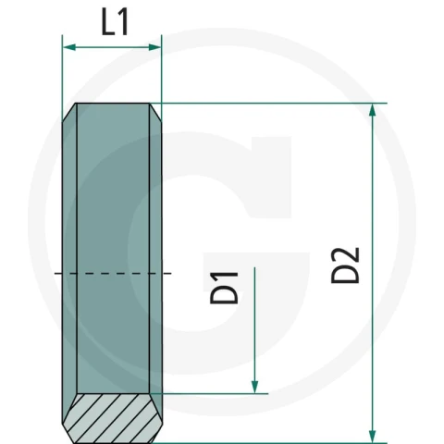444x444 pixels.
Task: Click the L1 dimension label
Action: (115, 22)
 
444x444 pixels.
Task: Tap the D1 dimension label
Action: (224, 288)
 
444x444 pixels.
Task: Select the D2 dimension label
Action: (345, 265)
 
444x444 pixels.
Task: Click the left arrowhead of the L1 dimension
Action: (69, 47)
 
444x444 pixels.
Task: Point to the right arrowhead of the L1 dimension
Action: (154, 47)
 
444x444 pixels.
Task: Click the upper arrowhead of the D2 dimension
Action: (373, 111)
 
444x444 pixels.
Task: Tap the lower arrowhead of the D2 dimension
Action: (373, 437)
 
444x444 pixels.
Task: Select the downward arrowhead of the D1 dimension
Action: (254, 387)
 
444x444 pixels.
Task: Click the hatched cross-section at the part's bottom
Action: (113, 418)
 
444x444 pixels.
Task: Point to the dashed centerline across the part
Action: (113, 273)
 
